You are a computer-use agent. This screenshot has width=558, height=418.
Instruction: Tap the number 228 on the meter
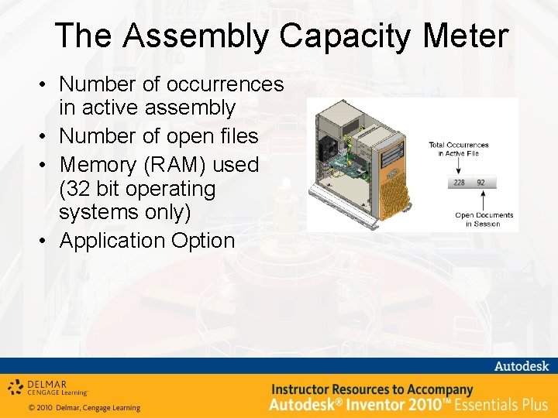[460, 183]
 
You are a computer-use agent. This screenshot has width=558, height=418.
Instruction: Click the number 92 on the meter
[481, 183]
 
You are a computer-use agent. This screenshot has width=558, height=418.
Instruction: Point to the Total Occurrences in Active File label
[459, 149]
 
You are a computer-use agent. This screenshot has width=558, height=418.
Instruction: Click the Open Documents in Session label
[484, 219]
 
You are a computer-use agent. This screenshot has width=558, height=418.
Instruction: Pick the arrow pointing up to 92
[483, 199]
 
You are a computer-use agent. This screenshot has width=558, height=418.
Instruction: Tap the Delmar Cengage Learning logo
[48, 387]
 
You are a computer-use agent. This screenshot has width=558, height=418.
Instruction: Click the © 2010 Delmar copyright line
[84, 408]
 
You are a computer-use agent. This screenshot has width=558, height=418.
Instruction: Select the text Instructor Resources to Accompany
[371, 389]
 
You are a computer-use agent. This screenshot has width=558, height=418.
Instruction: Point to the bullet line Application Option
[146, 241]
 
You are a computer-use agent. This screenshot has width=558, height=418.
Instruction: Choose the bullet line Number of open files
[158, 135]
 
